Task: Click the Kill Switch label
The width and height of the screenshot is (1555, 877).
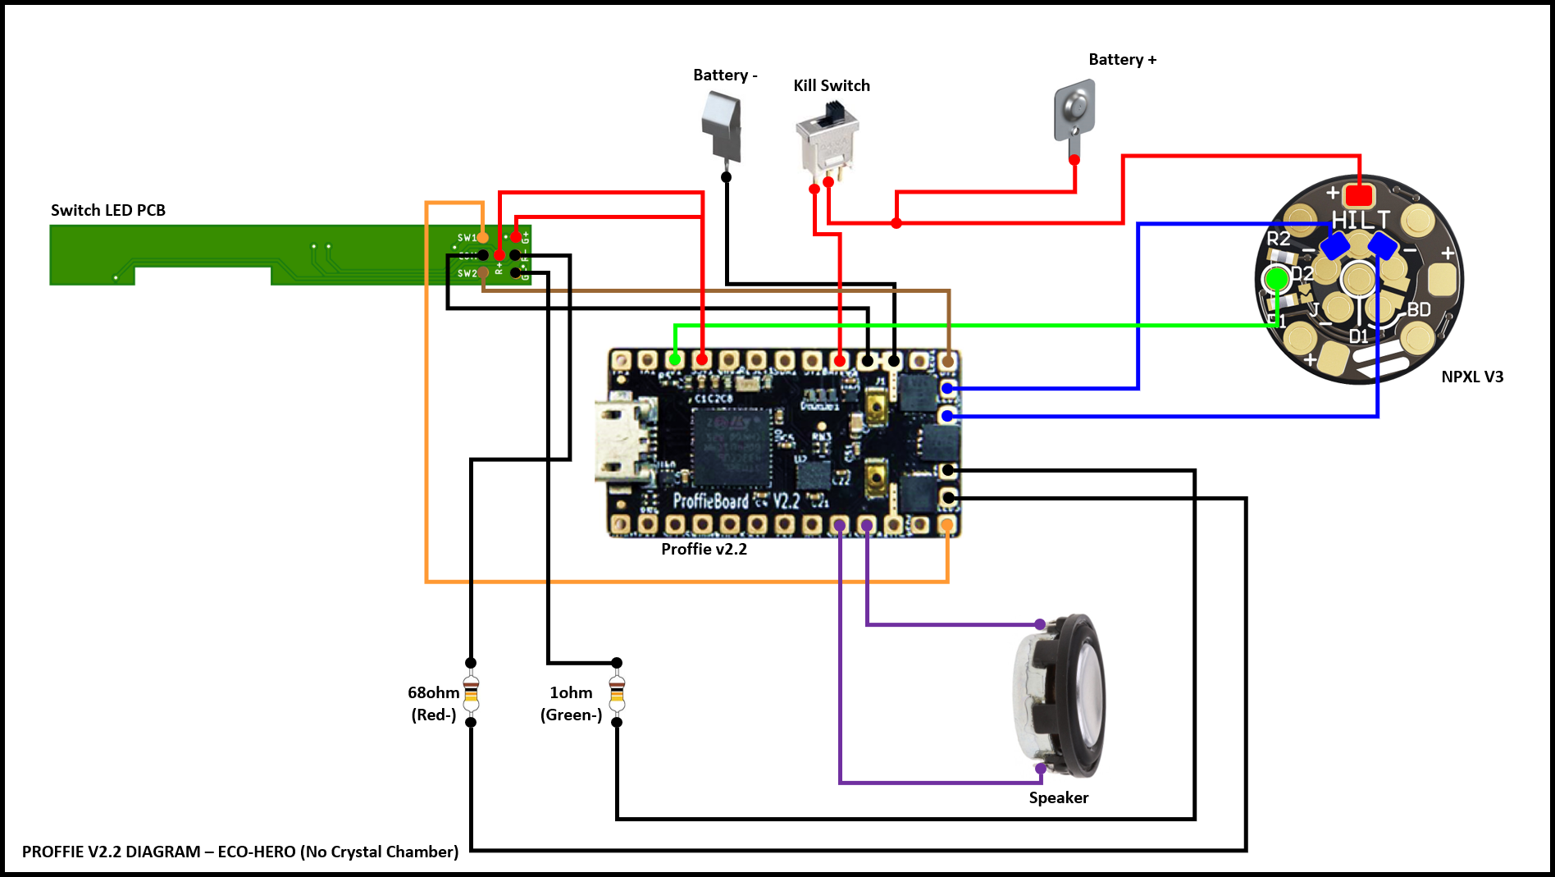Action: [831, 86]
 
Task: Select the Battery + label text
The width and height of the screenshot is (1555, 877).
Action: [1122, 60]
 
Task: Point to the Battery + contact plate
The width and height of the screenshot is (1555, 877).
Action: [1074, 110]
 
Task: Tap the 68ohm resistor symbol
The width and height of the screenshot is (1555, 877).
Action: [471, 693]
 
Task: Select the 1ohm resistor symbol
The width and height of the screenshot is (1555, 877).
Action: [617, 693]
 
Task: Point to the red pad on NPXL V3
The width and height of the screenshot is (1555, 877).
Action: [1359, 195]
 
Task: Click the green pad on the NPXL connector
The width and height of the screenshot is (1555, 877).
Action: [1276, 280]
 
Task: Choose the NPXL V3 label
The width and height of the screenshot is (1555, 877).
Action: [1472, 377]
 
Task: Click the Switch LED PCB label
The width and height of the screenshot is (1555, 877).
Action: [108, 211]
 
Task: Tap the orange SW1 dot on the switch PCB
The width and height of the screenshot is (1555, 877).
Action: [483, 238]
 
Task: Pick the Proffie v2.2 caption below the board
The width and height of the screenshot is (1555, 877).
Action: [704, 550]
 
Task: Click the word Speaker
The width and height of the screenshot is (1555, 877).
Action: [1058, 798]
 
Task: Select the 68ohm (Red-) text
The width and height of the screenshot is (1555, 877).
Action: [434, 704]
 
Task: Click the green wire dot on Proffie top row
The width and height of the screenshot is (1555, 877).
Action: [675, 359]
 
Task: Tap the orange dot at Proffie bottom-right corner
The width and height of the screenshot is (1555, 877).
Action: [947, 524]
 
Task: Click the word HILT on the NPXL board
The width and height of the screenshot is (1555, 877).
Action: [1360, 220]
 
